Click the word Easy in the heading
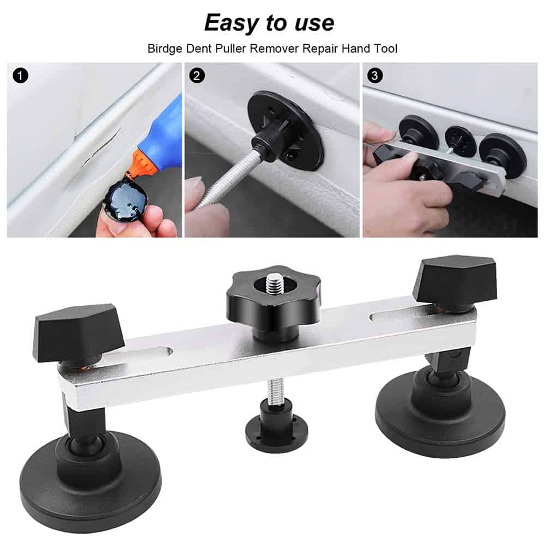[232, 23]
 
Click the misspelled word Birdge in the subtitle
[165, 49]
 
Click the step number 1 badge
[20, 76]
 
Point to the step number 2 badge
[197, 76]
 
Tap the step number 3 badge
[374, 76]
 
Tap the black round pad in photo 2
[286, 131]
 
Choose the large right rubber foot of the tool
[440, 414]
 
